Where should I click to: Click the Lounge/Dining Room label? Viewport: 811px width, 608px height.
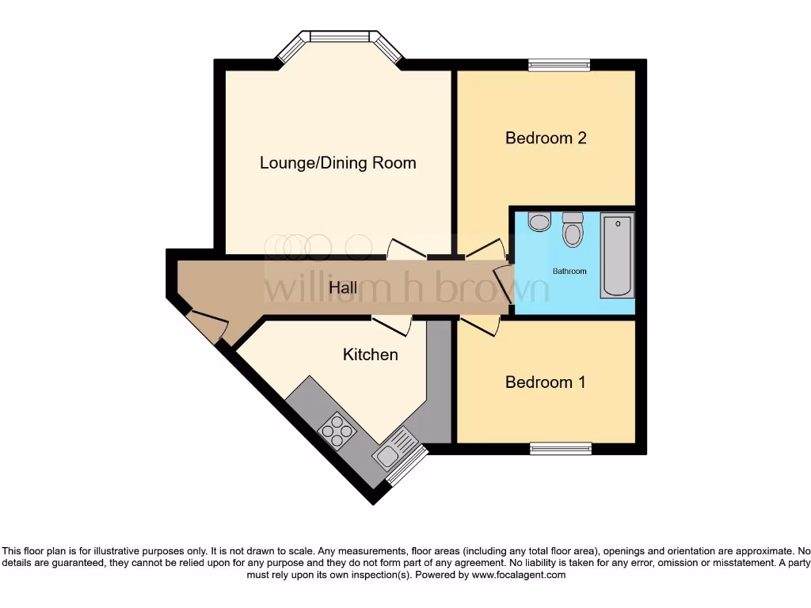click(x=338, y=163)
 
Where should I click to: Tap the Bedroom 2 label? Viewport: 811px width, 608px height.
click(x=546, y=138)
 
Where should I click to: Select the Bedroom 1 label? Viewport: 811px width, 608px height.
click(x=546, y=382)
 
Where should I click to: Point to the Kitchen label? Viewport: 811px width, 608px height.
click(x=370, y=354)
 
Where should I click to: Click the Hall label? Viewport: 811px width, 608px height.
click(x=343, y=288)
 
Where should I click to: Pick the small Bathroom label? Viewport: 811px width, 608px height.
click(x=569, y=272)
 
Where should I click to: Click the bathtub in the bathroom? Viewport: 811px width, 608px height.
click(x=617, y=255)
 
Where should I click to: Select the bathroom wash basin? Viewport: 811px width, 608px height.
click(x=539, y=221)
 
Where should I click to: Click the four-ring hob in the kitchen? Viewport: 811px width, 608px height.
click(x=337, y=431)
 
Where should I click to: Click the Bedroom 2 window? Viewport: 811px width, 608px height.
click(x=559, y=66)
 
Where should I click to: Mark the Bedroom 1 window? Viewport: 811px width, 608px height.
click(x=561, y=448)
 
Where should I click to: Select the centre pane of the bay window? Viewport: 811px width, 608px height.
click(x=340, y=36)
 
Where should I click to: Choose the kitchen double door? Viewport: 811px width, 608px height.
click(x=392, y=322)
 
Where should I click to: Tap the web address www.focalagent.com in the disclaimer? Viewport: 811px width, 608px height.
click(x=519, y=575)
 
